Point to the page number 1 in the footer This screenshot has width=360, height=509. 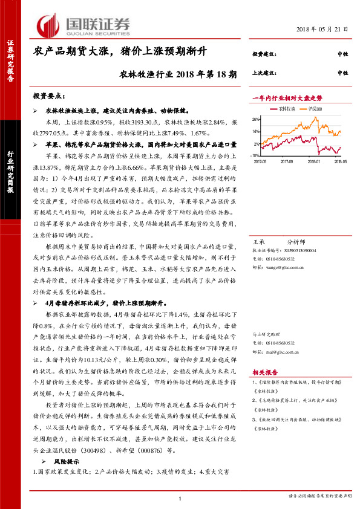click(180, 498)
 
